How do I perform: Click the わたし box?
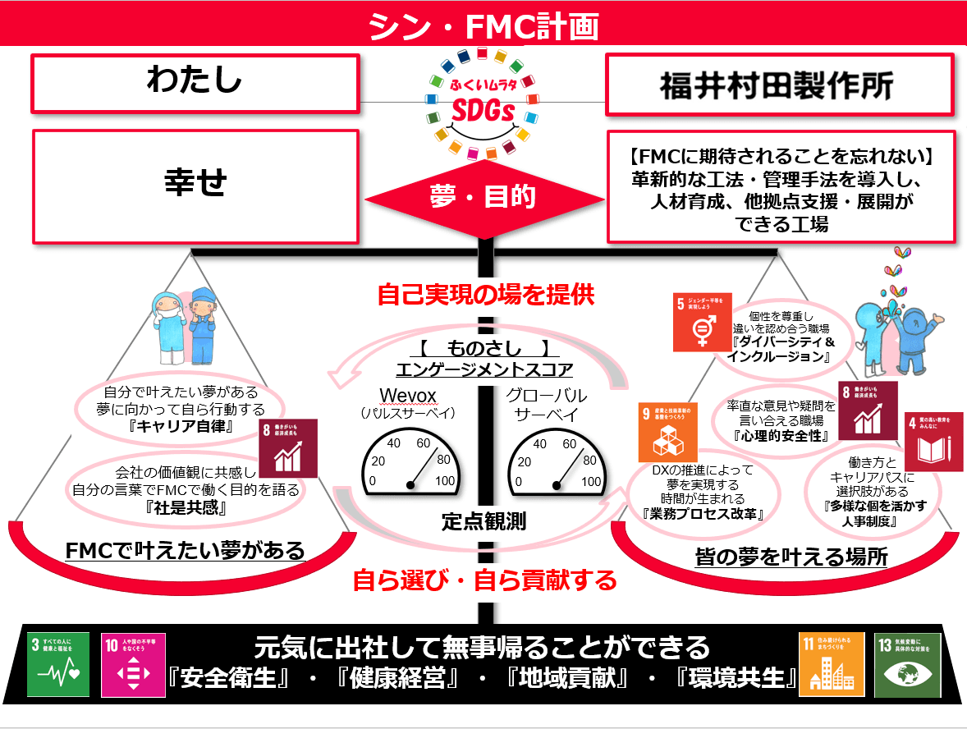195,82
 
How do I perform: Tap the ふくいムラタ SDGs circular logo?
483,103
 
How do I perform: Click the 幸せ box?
195,184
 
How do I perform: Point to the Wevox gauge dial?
411,465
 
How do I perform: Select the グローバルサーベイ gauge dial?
557,465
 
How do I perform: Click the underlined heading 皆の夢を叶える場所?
791,557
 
